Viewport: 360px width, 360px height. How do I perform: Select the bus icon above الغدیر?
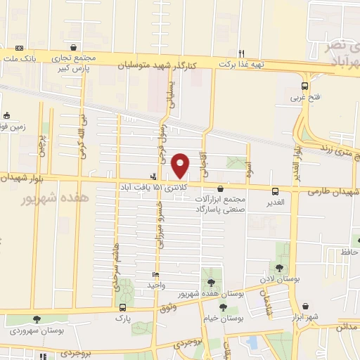(275, 191)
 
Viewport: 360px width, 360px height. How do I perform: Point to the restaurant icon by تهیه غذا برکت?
(241, 53)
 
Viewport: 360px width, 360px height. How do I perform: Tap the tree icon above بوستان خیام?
(223, 307)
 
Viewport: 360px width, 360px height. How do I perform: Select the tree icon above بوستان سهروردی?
(37, 319)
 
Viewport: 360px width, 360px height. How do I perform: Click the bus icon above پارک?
(123, 307)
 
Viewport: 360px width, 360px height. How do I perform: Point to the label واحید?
(156, 285)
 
